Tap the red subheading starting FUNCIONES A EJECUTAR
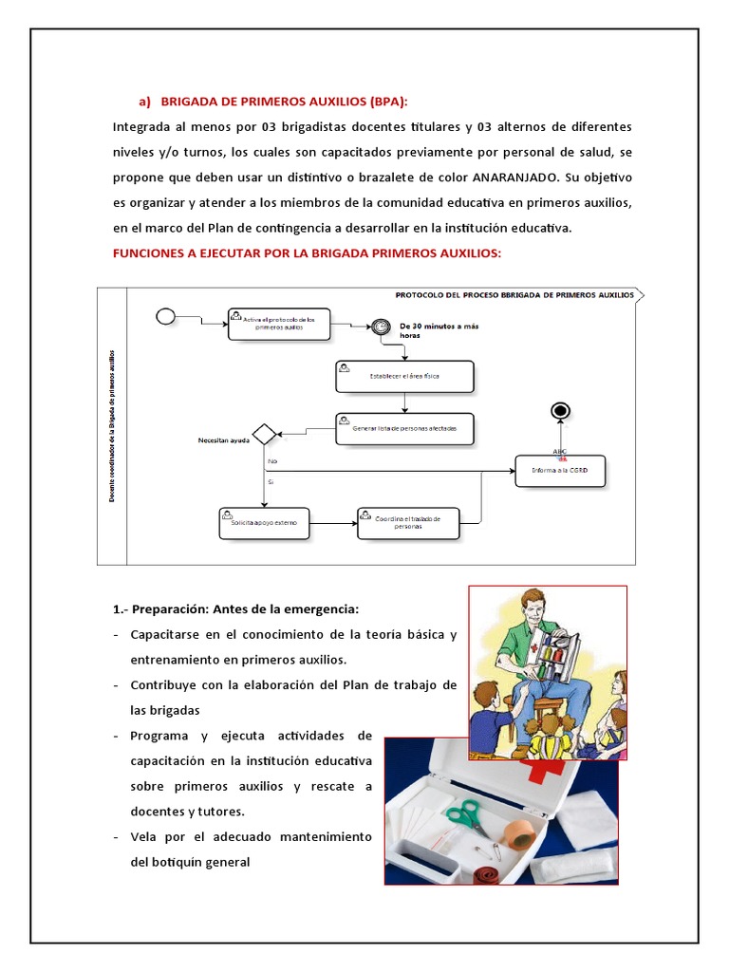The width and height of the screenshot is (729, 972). click(x=307, y=253)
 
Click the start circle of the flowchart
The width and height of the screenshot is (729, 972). click(x=166, y=316)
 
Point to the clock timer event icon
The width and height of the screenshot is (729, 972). click(x=380, y=326)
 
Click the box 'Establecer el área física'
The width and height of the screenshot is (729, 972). click(x=404, y=376)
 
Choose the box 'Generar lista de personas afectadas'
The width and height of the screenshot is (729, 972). click(x=404, y=428)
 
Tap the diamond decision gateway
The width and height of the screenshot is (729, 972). click(x=264, y=434)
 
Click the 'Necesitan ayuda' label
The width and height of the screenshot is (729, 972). click(x=223, y=440)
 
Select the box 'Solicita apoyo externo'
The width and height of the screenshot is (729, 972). click(x=263, y=522)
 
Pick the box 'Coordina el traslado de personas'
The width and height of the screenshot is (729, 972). click(x=406, y=523)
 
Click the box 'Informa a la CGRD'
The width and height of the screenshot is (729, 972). click(x=560, y=470)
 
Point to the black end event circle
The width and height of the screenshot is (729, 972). click(x=561, y=409)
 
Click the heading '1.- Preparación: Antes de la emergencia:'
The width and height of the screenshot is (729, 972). click(x=245, y=608)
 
